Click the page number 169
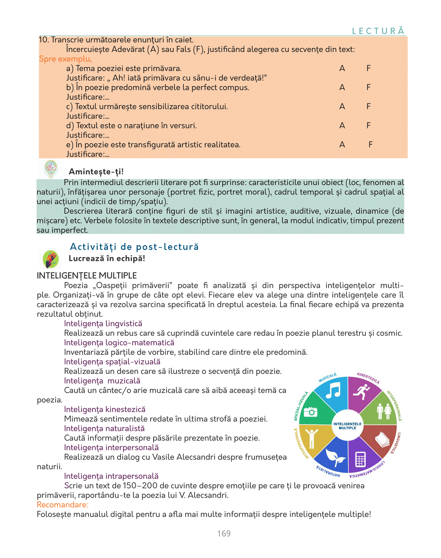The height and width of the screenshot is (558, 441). (x=224, y=533)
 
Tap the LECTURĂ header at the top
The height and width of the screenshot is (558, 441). (x=378, y=31)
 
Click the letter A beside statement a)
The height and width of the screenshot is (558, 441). (x=342, y=68)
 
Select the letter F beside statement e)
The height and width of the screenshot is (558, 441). (x=370, y=145)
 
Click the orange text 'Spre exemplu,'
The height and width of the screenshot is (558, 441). (x=65, y=59)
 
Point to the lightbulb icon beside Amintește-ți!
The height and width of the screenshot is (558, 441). (x=51, y=169)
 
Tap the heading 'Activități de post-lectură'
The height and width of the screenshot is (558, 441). (x=134, y=247)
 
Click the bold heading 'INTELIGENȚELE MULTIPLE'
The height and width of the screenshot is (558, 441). (x=87, y=276)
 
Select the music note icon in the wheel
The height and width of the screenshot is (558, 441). (x=333, y=391)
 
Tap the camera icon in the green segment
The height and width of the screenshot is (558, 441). (x=311, y=412)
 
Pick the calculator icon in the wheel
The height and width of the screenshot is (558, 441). (x=360, y=459)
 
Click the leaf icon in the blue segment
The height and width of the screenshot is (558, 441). (x=335, y=457)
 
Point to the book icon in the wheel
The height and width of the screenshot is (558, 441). (x=383, y=439)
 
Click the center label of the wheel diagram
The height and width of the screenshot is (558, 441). (x=347, y=426)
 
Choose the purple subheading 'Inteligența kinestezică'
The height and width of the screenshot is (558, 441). (x=105, y=409)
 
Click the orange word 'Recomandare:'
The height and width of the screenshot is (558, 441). (x=63, y=505)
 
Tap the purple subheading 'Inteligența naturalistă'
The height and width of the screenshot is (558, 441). (x=104, y=429)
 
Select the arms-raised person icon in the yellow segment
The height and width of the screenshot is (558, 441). (x=311, y=438)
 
